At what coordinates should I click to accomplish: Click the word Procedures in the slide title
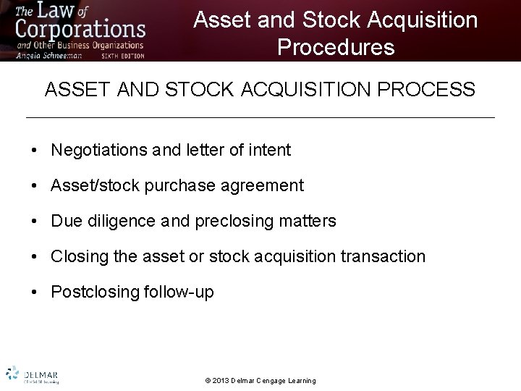[336, 47]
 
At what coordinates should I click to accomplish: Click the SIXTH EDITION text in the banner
[122, 55]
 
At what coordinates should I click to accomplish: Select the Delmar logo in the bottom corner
[32, 374]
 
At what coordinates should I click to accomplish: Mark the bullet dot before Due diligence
[35, 222]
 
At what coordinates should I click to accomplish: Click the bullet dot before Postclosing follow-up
[35, 293]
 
